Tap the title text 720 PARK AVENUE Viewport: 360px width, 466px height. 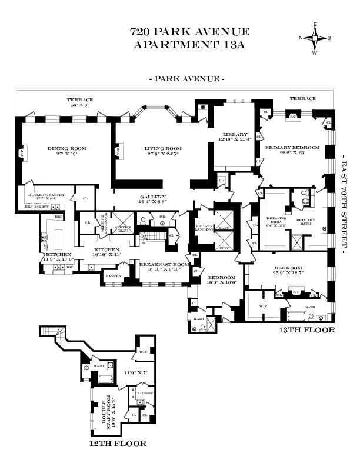(190, 32)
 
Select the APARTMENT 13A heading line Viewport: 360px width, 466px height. (190, 44)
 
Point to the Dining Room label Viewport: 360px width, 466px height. (66, 148)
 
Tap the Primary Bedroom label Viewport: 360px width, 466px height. (292, 147)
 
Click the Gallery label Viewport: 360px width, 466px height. (152, 197)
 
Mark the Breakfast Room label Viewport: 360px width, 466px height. (164, 265)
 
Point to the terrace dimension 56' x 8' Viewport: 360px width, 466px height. (79, 106)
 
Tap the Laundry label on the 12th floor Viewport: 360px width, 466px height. (145, 393)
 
